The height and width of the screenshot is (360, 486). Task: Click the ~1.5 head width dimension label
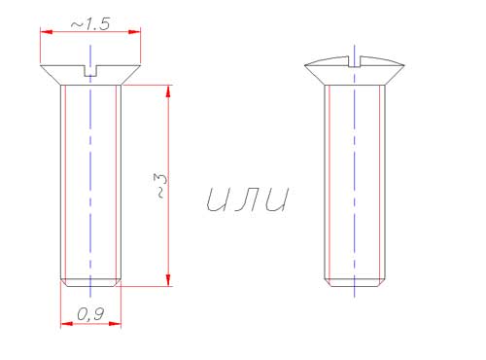pos(90,24)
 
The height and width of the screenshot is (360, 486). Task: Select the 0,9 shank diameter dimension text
pos(90,314)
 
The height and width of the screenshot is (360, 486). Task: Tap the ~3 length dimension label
pos(160,186)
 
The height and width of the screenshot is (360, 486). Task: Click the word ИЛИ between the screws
pos(247,199)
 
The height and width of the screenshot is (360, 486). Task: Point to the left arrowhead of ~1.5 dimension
pos(46,32)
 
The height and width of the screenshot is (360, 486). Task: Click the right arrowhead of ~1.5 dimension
pos(134,32)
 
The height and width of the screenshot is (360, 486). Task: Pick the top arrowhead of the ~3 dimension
pos(168,91)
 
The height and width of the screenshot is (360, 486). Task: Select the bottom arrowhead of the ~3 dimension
pos(168,280)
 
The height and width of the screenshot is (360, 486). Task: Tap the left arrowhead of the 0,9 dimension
pos(66,324)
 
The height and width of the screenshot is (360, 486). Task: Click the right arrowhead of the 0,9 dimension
pos(115,324)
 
